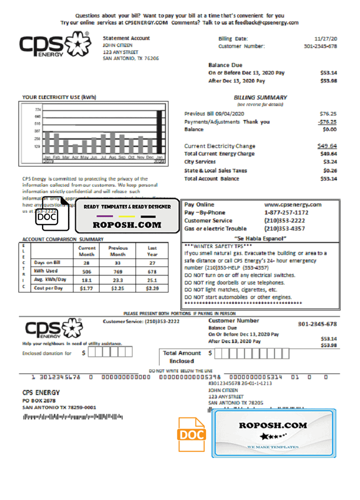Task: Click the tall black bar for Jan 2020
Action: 159,132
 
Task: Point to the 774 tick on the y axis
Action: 37,109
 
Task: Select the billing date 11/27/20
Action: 325,38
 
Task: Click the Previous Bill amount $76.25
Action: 328,113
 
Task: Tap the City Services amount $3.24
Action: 329,162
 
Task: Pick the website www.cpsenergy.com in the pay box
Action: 292,204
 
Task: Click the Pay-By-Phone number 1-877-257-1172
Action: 286,212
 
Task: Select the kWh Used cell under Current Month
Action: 87,271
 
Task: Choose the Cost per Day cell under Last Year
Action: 152,288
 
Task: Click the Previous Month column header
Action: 118,250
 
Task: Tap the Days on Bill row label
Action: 47,262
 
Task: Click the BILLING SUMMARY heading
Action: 260,97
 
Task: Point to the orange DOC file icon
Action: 192,435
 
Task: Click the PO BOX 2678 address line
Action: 39,400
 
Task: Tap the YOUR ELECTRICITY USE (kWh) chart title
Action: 59,97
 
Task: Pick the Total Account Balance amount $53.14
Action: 328,178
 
